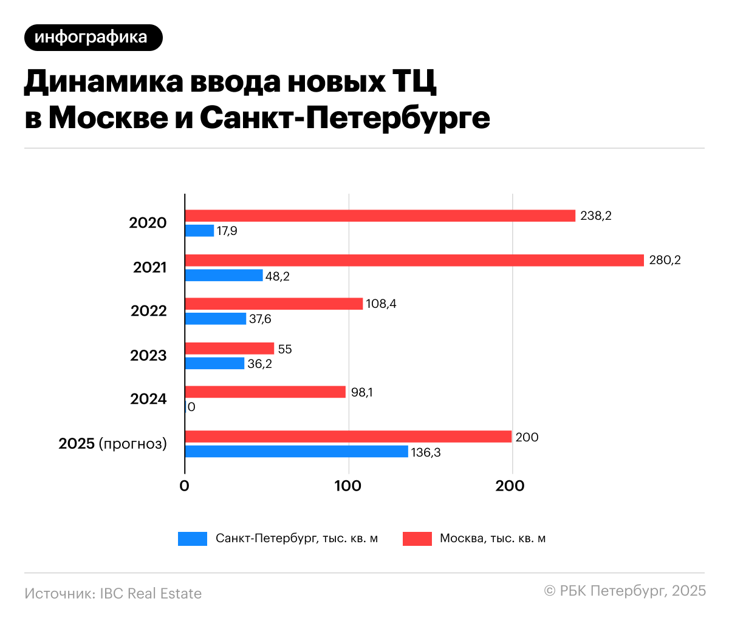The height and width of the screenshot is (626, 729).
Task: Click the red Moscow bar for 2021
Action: [414, 260]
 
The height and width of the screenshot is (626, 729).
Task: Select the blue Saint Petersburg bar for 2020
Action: [199, 231]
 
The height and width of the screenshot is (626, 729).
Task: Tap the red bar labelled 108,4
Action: [273, 304]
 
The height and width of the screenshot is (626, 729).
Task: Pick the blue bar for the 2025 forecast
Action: [296, 451]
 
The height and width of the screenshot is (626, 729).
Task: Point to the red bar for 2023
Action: [230, 349]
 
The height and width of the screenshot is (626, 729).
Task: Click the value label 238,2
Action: [596, 216]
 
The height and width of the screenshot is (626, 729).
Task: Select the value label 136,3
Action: [426, 452]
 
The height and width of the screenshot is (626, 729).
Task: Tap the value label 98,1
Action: [361, 392]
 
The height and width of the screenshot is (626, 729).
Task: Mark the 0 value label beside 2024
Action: [192, 407]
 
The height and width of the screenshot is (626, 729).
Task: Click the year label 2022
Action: [148, 311]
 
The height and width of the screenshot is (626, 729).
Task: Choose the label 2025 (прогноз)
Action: [112, 443]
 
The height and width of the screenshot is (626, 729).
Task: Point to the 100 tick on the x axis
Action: [348, 486]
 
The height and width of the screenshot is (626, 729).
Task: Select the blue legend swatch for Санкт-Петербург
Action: [193, 539]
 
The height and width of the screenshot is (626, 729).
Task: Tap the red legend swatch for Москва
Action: [417, 539]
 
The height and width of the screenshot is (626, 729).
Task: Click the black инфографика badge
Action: [94, 38]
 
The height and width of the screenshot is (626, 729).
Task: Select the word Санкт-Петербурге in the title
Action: [344, 118]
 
